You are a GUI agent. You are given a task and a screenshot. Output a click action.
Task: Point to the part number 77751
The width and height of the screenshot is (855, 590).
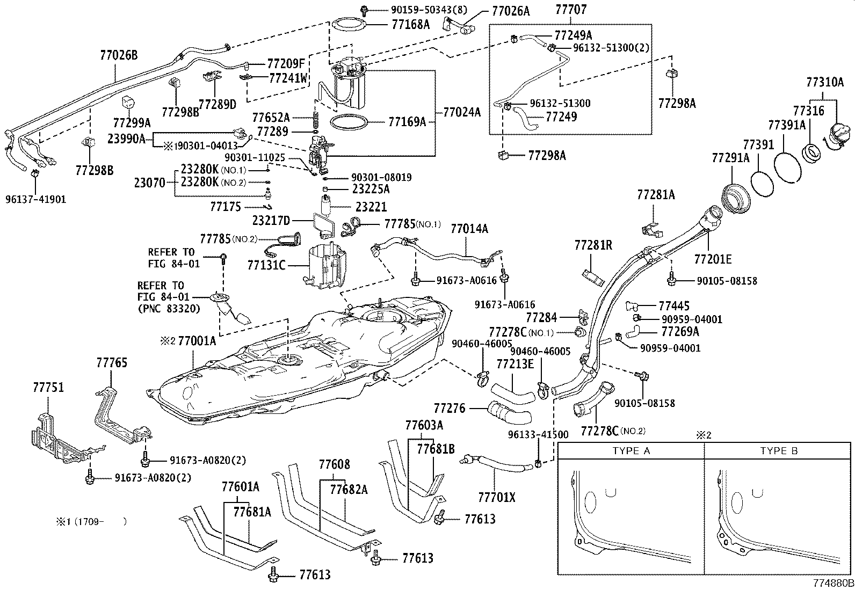(49, 387)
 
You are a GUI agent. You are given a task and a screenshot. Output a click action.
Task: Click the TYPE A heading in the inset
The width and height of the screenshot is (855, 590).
(631, 450)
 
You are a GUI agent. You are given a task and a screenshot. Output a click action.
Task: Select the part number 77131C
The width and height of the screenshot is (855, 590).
(266, 265)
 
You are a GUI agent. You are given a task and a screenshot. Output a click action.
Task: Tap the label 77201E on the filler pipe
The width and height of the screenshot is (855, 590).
(713, 259)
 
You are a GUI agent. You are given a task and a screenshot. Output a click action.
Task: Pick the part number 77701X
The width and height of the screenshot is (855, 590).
(496, 498)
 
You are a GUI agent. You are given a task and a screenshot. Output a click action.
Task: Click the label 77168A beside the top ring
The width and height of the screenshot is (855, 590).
(411, 24)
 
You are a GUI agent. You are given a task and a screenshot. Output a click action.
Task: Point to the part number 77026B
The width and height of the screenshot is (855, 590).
(119, 55)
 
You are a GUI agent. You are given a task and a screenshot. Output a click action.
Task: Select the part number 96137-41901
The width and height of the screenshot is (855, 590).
(35, 199)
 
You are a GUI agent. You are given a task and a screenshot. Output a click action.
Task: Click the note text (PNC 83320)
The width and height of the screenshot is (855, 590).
(169, 309)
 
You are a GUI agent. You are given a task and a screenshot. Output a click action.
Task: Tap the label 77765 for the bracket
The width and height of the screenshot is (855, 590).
(112, 363)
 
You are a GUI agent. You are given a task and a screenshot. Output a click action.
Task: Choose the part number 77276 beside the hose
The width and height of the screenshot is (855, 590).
(449, 409)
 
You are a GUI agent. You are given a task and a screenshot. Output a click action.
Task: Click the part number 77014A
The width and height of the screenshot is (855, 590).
(469, 230)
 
